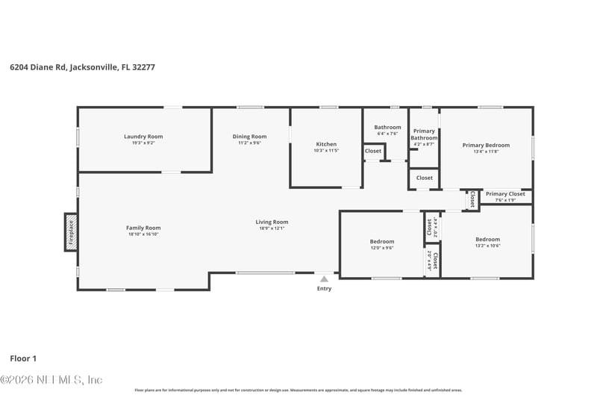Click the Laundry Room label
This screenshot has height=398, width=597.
[143, 137]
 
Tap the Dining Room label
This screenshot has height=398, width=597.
[250, 137]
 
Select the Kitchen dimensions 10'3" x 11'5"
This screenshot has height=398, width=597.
[326, 151]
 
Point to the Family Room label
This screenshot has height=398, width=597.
[143, 228]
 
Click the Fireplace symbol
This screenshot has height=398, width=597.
[71, 231]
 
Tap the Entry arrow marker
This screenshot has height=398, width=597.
[324, 279]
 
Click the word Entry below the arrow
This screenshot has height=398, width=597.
[324, 288]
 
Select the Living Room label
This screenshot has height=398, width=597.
[272, 222]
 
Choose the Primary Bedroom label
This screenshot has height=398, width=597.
[486, 145]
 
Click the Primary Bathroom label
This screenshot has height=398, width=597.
[424, 134]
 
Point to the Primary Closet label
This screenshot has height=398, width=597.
[505, 194]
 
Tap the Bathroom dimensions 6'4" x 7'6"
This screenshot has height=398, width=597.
[387, 134]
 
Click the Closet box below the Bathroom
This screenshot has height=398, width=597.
[373, 151]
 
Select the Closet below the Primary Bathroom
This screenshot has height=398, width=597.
[424, 178]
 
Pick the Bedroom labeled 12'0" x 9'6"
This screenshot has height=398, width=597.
[382, 242]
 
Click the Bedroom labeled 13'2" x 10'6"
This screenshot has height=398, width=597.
[487, 240]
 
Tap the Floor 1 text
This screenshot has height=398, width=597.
[23, 358]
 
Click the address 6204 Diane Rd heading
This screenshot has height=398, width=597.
[82, 66]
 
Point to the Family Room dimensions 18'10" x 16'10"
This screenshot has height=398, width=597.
[143, 234]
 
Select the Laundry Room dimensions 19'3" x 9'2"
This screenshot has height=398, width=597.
[143, 143]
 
